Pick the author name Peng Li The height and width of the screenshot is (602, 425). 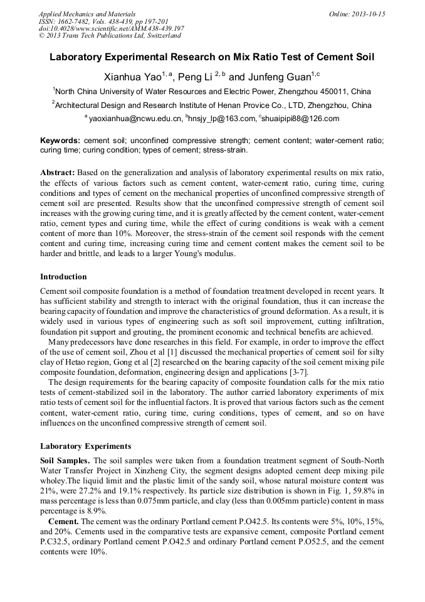[x=195, y=78]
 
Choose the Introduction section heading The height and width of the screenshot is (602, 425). [x=63, y=277]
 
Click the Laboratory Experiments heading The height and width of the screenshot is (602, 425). [x=85, y=446]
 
